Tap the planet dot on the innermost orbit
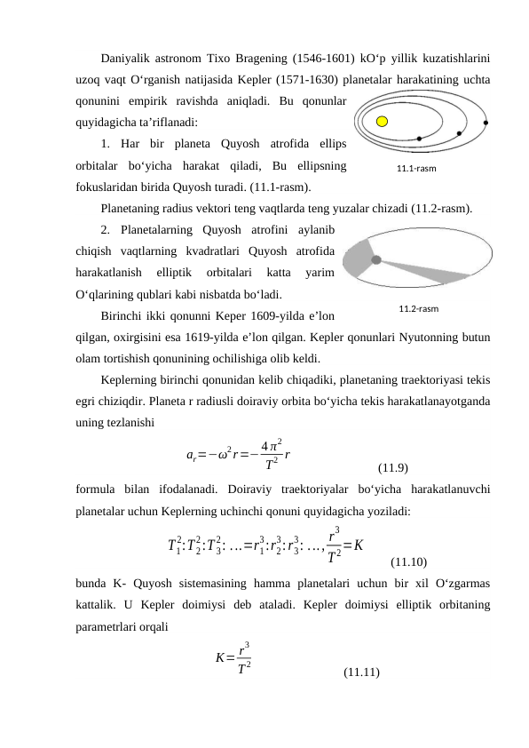coord(419,139)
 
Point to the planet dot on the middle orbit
coord(459,134)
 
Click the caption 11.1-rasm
coord(417,166)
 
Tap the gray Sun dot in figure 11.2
coord(376,260)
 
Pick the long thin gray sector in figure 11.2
coord(435,270)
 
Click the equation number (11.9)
coord(392,467)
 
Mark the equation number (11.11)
coord(361,672)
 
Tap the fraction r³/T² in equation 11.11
coord(246,657)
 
